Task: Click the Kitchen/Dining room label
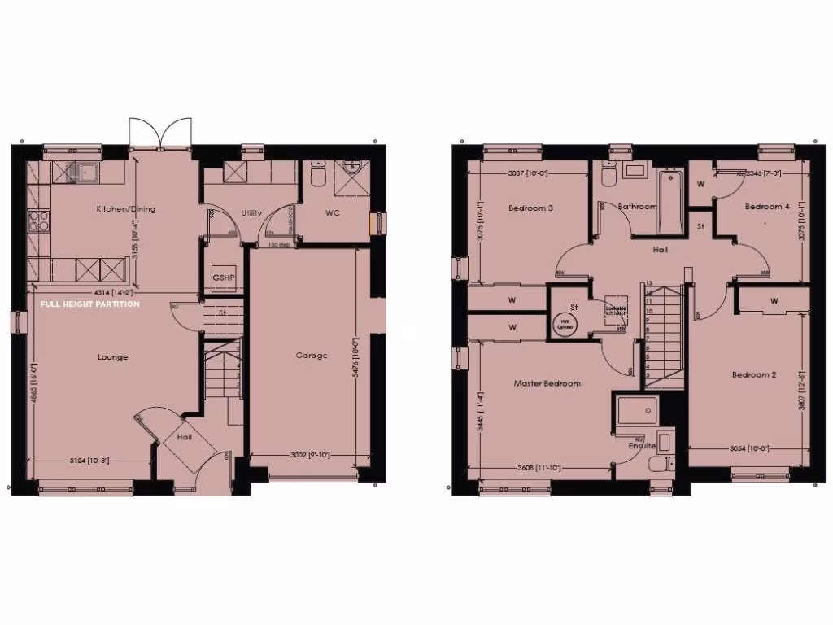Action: click(125, 209)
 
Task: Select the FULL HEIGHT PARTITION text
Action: click(89, 304)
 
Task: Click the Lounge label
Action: click(112, 356)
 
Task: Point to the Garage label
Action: click(312, 356)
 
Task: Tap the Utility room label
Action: click(251, 213)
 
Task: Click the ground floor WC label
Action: click(331, 213)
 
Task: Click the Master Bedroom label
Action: click(547, 383)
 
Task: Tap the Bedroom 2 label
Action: click(753, 375)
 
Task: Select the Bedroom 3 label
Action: click(530, 208)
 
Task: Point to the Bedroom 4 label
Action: click(766, 207)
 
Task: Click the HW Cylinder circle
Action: click(565, 324)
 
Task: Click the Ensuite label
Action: click(642, 446)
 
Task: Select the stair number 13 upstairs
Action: click(649, 285)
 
